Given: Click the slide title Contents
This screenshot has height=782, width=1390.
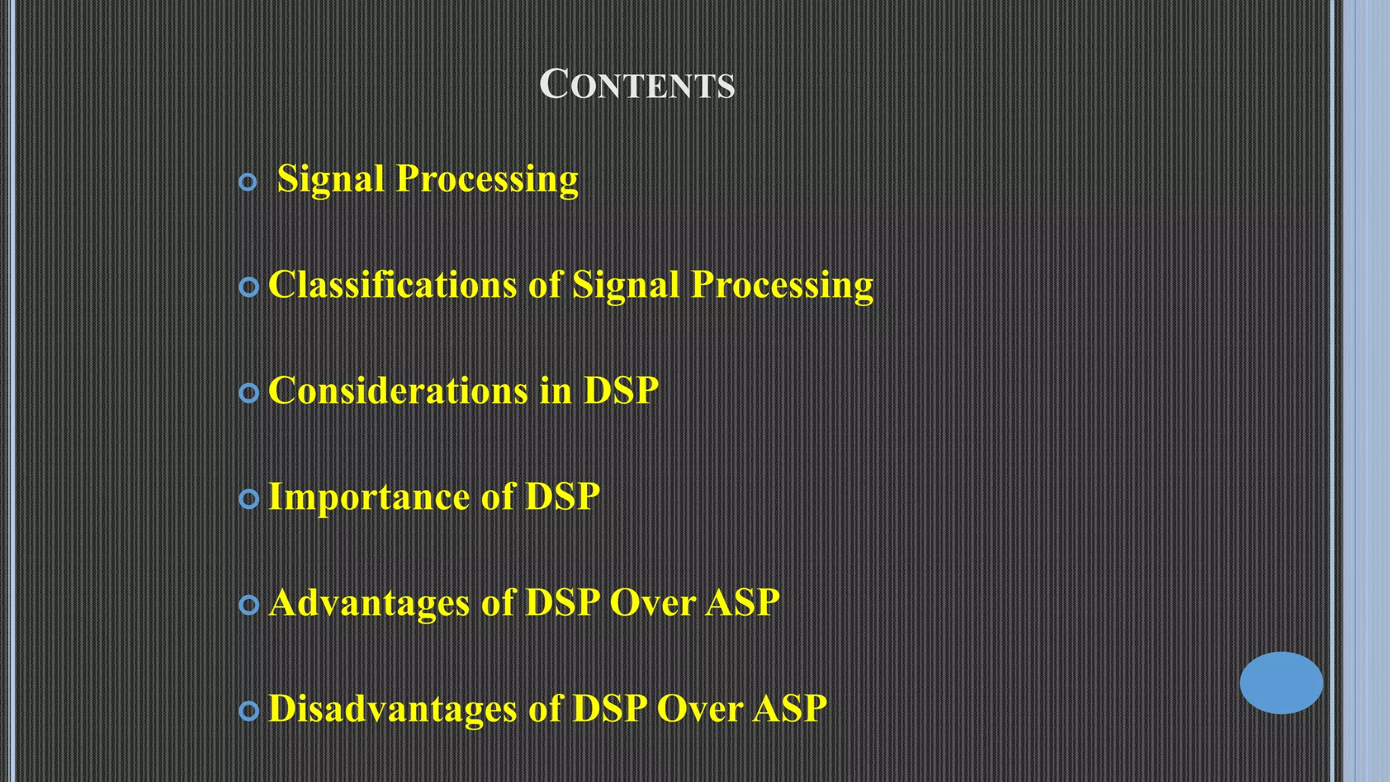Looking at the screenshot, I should click(637, 85).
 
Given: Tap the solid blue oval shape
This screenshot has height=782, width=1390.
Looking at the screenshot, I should click(1281, 682).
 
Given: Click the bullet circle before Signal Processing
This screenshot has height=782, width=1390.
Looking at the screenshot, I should click(248, 182).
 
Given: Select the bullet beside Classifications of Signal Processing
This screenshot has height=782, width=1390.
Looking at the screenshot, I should click(249, 287).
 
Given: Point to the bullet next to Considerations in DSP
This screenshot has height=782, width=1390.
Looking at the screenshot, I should click(249, 393).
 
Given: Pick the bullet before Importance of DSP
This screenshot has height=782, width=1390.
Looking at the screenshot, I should click(249, 500).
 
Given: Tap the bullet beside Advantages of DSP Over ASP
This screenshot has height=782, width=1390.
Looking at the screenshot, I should click(249, 605).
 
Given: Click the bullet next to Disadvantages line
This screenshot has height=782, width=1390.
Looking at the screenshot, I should click(249, 711).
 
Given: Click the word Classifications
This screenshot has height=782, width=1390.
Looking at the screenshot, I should click(392, 284).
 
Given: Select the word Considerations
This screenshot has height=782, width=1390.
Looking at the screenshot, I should click(398, 390).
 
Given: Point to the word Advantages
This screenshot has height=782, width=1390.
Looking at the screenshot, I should click(369, 602).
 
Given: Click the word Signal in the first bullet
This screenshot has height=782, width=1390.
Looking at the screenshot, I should click(331, 179).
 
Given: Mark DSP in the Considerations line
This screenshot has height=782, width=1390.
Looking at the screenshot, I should click(621, 390).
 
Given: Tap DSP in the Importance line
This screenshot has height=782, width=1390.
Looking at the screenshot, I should click(563, 496).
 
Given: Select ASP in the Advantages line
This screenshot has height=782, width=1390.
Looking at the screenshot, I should click(742, 602).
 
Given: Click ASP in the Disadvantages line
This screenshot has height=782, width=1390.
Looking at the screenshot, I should click(789, 708).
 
